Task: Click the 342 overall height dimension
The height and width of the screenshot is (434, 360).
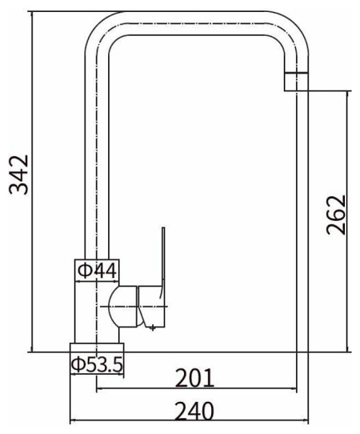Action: pos(19,175)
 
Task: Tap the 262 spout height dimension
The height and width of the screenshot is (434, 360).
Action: pos(336,215)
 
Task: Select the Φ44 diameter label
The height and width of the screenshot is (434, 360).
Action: pos(97,271)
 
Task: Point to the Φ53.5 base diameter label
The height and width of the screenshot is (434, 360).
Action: pos(97,364)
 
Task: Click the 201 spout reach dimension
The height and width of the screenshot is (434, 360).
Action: pos(194,377)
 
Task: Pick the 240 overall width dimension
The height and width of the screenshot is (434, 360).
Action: pos(194,411)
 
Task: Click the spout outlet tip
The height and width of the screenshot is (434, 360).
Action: pos(297,82)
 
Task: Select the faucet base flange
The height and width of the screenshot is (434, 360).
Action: pos(97,348)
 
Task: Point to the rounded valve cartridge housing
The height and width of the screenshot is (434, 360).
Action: pos(122,307)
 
